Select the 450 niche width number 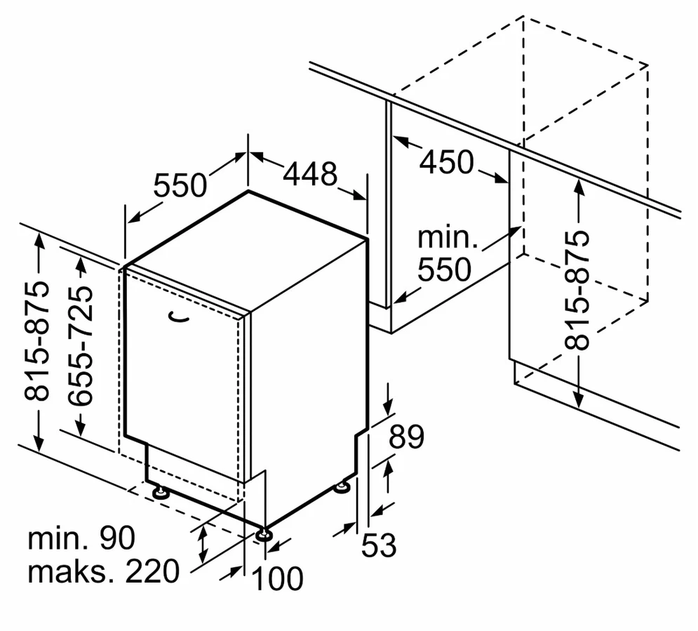pos(447,161)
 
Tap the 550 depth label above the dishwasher pos(180,185)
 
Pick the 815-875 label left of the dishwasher pos(37,341)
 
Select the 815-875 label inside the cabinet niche pos(577,291)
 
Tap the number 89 pos(406,437)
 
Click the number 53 pos(379,545)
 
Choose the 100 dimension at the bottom pos(277,578)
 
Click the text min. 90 pos(81,538)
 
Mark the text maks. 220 pos(104,571)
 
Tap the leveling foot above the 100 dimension pos(264,534)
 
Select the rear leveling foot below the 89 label pos(343,486)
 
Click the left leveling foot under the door pos(160,491)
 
